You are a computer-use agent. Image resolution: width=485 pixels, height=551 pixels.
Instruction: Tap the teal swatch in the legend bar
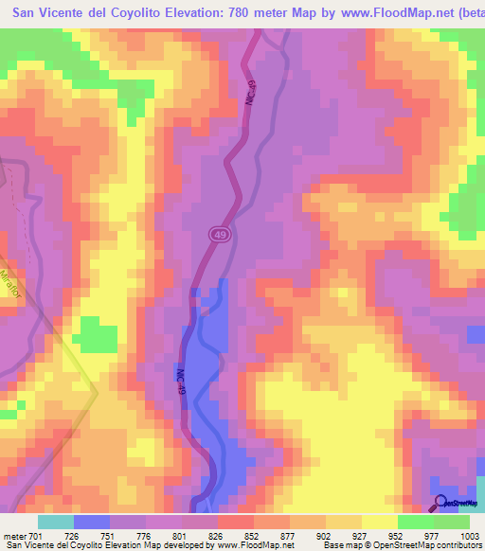tap(56, 521)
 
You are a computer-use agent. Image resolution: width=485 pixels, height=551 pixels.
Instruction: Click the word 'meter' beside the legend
tap(14, 536)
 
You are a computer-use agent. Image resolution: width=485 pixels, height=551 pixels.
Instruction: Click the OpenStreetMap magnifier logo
tap(440, 504)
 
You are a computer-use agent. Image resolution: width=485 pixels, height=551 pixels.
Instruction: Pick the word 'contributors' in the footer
tap(461, 545)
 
